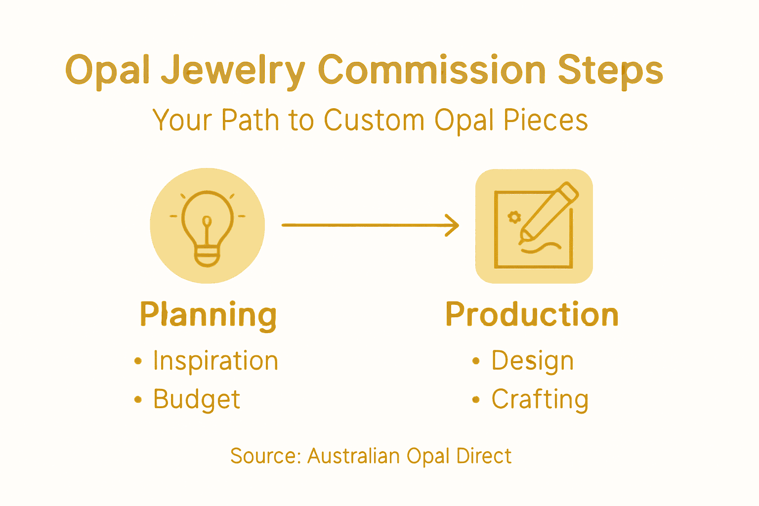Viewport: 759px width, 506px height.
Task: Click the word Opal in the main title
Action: point(107,71)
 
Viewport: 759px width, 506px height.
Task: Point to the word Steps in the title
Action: point(610,71)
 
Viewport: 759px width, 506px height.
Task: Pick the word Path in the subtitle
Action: point(250,120)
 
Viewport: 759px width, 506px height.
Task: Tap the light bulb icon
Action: point(208,227)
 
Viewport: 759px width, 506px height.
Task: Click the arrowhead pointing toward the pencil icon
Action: point(453,225)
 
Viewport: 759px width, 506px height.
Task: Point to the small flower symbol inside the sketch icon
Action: point(514,217)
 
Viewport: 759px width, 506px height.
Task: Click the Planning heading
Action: point(208,315)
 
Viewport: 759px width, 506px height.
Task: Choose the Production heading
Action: point(532,315)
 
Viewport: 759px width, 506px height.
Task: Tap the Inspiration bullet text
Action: point(215,361)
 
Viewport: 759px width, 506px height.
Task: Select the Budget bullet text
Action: point(197,399)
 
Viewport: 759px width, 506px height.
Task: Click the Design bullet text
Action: point(532,361)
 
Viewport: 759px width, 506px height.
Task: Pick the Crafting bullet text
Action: point(540,399)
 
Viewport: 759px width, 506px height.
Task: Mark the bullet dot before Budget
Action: point(138,400)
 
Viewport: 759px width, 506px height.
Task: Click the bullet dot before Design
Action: point(476,361)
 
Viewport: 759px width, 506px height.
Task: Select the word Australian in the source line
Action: point(353,456)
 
